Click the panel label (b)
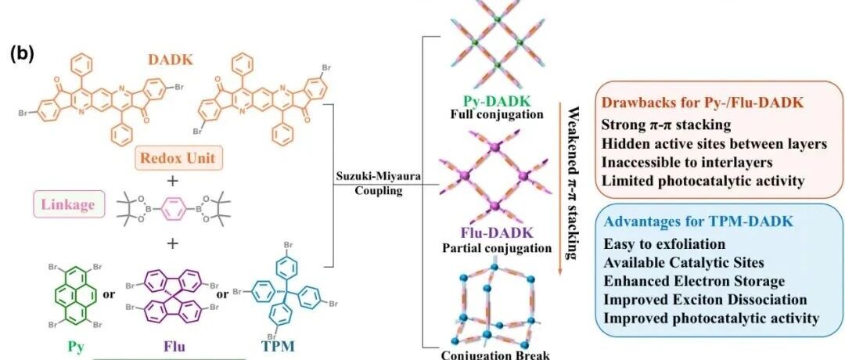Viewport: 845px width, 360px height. (23, 55)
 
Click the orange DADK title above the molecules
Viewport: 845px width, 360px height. (171, 59)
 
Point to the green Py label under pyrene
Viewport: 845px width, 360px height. (75, 347)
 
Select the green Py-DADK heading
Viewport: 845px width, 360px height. (495, 102)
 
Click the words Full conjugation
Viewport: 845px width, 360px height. (496, 113)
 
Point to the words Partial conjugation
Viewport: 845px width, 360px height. (496, 248)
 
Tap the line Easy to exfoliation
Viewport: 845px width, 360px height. (664, 244)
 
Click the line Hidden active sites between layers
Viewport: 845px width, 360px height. (714, 143)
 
